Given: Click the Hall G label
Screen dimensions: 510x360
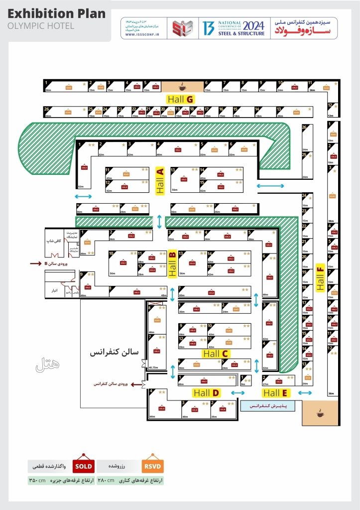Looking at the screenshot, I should (x=180, y=99).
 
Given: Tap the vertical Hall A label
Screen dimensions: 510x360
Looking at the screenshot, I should (x=160, y=180).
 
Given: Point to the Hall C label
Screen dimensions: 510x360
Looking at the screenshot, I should (x=216, y=354).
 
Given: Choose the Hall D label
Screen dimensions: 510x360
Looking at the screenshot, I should (x=207, y=393).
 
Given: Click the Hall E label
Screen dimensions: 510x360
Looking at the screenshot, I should (x=277, y=393).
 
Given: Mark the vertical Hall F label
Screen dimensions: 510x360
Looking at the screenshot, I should (x=320, y=277).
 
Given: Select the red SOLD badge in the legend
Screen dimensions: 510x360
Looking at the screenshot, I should (x=83, y=466).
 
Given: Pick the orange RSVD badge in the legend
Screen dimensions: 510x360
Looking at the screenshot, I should (x=152, y=466).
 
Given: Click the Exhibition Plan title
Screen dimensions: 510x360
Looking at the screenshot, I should (x=57, y=13).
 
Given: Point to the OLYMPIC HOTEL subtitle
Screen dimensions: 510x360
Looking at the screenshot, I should (x=41, y=25).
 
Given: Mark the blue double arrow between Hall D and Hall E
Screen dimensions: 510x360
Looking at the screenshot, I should (x=238, y=393).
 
